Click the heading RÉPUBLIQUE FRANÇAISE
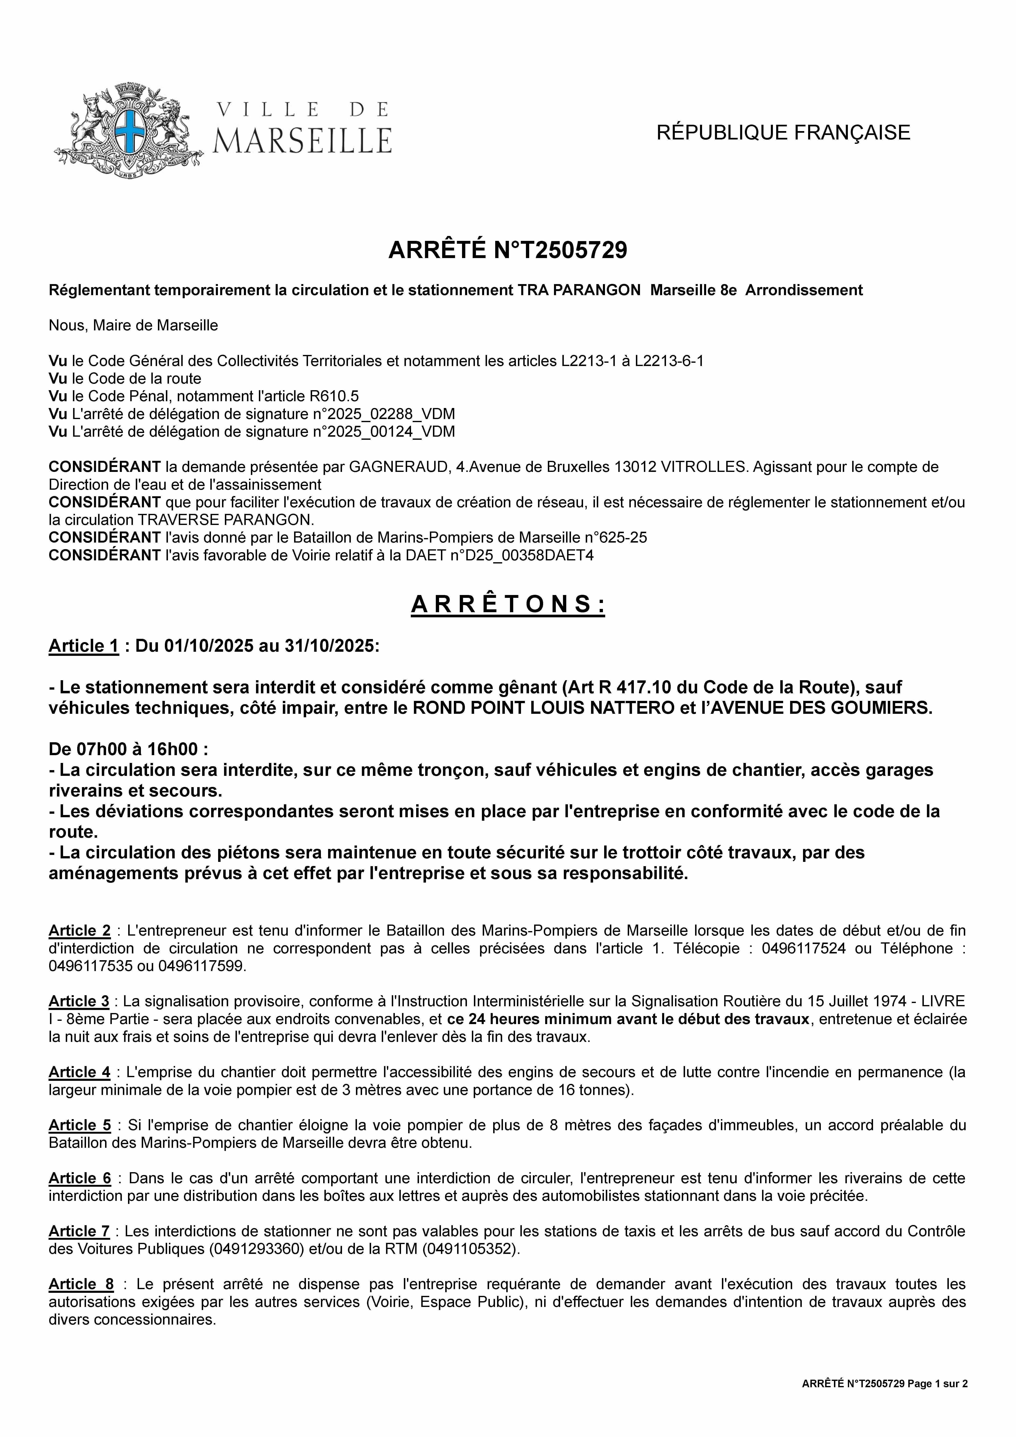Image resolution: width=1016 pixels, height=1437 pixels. [783, 133]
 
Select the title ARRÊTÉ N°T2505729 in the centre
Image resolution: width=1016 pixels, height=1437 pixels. [508, 250]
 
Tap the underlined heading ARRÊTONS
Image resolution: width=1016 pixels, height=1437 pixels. [508, 605]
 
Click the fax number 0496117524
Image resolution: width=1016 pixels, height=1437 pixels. [804, 948]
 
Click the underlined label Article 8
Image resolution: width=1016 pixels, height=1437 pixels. [81, 1284]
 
